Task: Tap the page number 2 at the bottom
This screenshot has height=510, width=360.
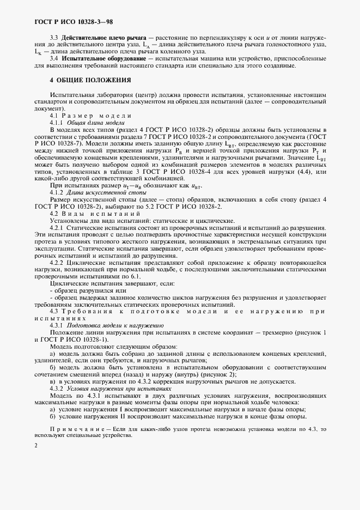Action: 35,446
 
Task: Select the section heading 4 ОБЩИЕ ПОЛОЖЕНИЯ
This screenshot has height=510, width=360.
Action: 90,80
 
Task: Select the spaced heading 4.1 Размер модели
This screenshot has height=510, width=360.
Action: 90,116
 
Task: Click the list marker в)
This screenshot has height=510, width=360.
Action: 53,382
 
